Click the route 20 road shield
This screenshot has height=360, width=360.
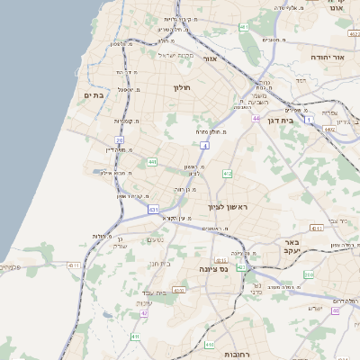click(119, 141)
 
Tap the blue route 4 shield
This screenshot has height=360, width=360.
click(205, 144)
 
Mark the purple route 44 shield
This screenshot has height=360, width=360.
click(256, 118)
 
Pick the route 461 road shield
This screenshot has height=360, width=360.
click(244, 27)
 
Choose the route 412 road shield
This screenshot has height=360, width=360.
click(227, 173)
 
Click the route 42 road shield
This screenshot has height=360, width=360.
click(144, 314)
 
